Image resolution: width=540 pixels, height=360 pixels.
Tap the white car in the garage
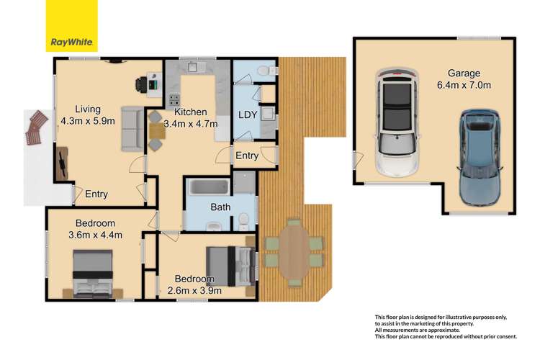tap(396, 122)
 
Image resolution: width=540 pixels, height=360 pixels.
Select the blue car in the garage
tap(477, 154)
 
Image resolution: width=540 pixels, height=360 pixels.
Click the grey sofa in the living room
tap(132, 129)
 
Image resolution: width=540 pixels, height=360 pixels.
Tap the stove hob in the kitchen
tap(174, 100)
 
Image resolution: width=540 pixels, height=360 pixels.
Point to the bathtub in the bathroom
tap(209, 189)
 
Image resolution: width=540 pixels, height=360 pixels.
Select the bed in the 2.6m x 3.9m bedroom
tap(230, 264)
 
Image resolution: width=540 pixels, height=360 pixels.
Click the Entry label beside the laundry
tap(247, 156)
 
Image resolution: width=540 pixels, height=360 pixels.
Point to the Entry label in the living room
tap(97, 194)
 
